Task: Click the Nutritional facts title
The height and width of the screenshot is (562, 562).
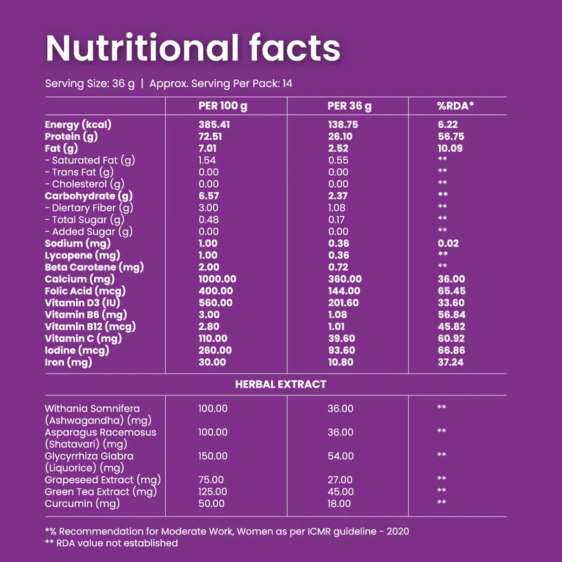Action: [x=192, y=47]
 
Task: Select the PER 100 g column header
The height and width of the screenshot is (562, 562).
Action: [x=223, y=106]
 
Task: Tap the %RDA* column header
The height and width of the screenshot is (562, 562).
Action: [x=455, y=106]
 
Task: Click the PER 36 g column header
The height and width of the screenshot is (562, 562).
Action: [x=349, y=106]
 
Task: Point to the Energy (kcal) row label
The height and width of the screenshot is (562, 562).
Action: [x=79, y=124]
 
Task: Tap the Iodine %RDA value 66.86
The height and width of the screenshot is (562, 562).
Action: [x=450, y=351]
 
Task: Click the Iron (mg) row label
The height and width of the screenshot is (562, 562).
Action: [x=68, y=362]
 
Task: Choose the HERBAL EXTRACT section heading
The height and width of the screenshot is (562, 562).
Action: [x=280, y=384]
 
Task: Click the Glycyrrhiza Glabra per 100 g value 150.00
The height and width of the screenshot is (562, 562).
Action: [x=213, y=456]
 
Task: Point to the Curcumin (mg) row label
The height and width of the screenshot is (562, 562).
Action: [x=82, y=504]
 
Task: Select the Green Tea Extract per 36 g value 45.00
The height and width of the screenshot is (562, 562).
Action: [x=340, y=492]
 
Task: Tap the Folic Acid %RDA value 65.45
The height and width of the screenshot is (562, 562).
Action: [x=450, y=291]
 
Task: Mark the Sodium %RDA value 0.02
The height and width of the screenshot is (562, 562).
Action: [x=447, y=243]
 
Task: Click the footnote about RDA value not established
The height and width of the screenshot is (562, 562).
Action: [x=111, y=543]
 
